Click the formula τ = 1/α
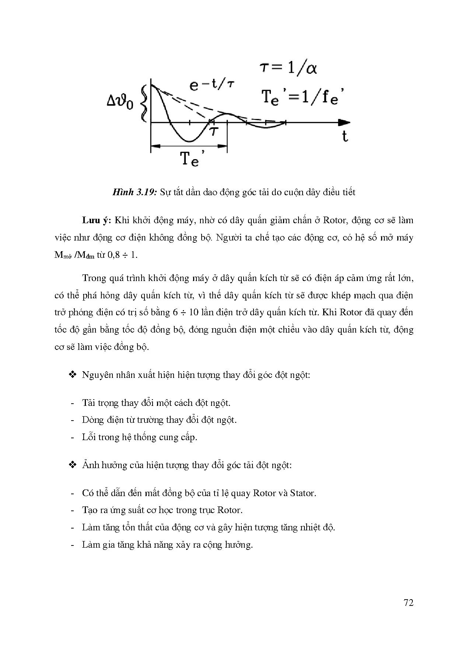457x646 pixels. pyautogui.click(x=289, y=68)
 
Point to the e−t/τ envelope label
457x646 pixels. pyautogui.click(x=212, y=85)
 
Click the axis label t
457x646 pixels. pyautogui.click(x=345, y=137)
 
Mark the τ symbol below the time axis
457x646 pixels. pyautogui.click(x=213, y=131)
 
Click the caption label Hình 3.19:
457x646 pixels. pyautogui.click(x=135, y=192)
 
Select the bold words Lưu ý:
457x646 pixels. pyautogui.click(x=97, y=221)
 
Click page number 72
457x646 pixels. pyautogui.click(x=408, y=603)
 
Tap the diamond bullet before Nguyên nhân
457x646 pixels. pyautogui.click(x=72, y=375)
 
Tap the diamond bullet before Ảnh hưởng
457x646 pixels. pyautogui.click(x=72, y=465)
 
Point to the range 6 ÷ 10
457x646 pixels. pyautogui.click(x=185, y=312)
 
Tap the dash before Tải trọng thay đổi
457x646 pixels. pyautogui.click(x=72, y=403)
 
